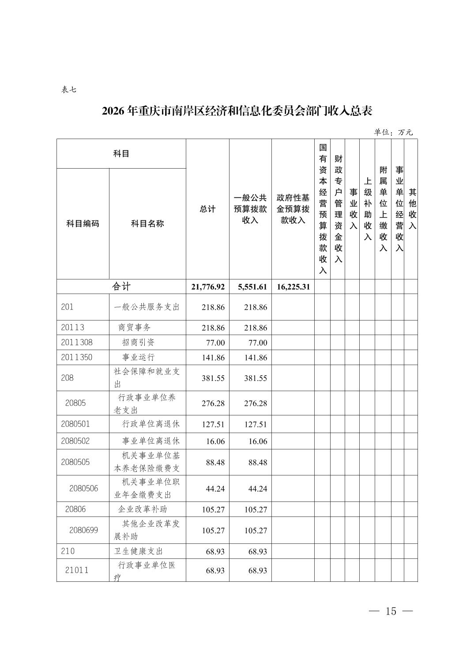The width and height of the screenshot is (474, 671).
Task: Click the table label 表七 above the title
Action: (x=68, y=90)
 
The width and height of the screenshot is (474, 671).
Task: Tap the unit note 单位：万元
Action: (x=393, y=132)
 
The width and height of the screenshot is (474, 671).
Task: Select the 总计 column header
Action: (x=207, y=209)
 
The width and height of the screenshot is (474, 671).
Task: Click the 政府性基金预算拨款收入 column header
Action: (x=293, y=208)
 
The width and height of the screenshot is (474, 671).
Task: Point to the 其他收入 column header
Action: (x=412, y=209)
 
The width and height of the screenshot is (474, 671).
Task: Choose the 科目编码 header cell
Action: (x=83, y=223)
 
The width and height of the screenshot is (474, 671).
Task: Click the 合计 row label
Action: (x=121, y=286)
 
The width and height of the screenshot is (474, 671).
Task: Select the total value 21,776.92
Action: (x=208, y=287)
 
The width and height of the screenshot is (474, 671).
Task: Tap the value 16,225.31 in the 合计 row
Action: (x=293, y=287)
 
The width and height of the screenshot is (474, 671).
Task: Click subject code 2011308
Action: (x=77, y=343)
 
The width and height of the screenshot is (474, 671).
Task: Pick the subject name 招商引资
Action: (x=138, y=343)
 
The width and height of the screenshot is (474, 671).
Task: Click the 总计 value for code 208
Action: (x=213, y=378)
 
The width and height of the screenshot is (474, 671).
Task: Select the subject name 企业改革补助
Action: (x=143, y=509)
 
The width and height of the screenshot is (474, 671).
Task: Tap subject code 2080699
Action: (x=83, y=530)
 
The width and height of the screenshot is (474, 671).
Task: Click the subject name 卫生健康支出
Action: (x=139, y=551)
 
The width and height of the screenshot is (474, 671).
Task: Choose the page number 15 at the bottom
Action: (x=391, y=611)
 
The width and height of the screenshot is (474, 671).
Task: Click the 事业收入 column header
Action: (x=353, y=209)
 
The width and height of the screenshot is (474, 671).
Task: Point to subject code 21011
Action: (x=77, y=570)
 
